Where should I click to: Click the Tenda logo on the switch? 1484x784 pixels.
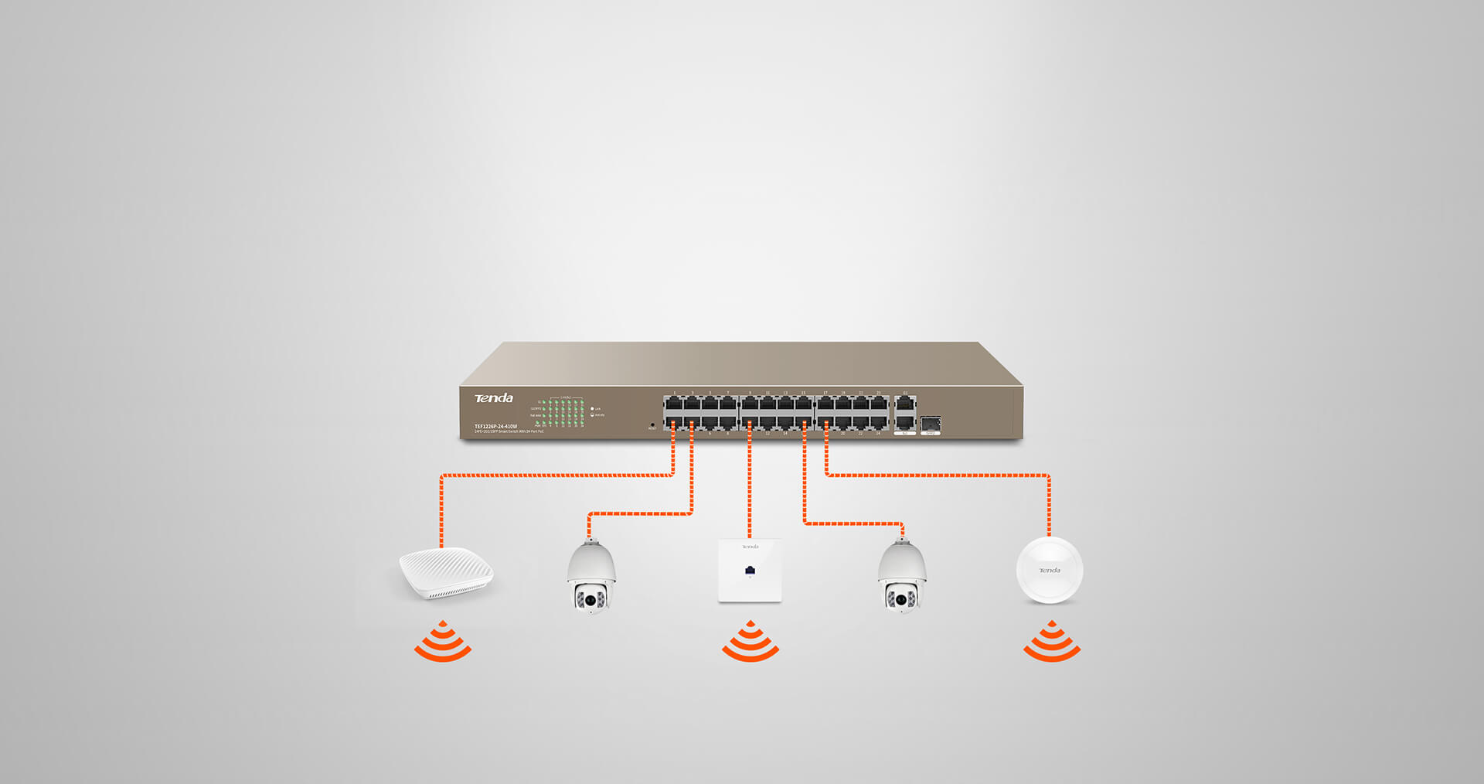[x=493, y=398]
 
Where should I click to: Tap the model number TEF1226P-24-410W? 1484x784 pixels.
[x=495, y=426]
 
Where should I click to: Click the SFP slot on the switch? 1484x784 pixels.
[x=931, y=424]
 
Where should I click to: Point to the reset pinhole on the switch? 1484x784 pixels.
[x=652, y=424]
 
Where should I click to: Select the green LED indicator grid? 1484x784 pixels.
[x=562, y=413]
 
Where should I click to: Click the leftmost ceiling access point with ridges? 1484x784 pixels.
[x=446, y=572]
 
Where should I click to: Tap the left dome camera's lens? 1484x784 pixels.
[x=591, y=599]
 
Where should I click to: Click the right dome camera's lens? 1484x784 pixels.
[x=901, y=599]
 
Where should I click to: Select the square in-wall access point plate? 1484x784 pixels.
[x=750, y=571]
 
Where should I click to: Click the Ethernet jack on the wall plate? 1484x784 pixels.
[x=750, y=571]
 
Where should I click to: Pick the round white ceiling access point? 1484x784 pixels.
[x=1049, y=571]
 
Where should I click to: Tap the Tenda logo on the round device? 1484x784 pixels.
[x=1049, y=571]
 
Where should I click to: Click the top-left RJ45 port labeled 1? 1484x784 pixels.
[x=673, y=404]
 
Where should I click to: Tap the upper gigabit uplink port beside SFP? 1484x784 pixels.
[x=904, y=404]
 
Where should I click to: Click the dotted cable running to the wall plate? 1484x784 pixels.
[x=750, y=487]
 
